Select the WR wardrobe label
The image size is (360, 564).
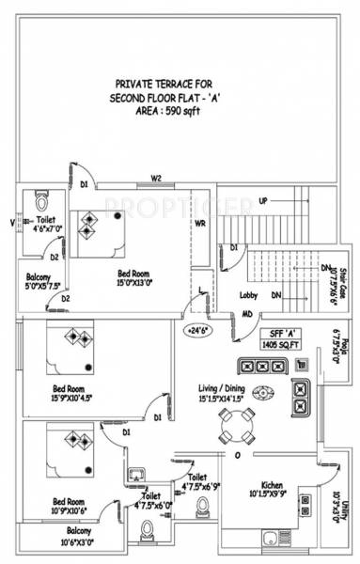click(x=200, y=225)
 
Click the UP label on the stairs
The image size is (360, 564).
click(x=263, y=201)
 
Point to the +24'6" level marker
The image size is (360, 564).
click(x=197, y=330)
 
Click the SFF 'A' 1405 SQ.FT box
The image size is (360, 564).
click(x=281, y=339)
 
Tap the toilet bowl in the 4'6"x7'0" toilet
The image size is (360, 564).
click(x=40, y=202)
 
